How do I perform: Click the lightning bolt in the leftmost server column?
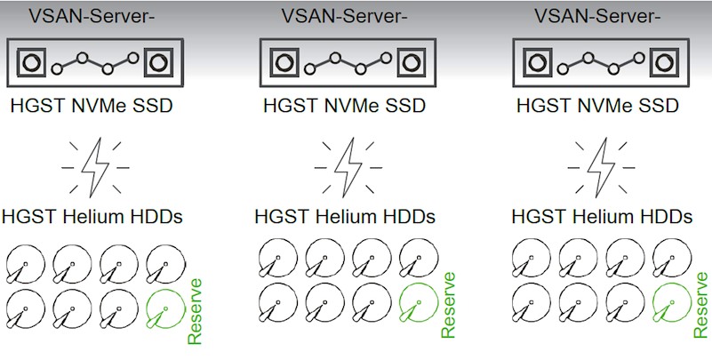94,165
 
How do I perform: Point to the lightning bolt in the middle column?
347,165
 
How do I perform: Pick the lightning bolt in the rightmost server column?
601,165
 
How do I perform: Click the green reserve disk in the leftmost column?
163,307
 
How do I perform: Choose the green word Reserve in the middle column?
448,305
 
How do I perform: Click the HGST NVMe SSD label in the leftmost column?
92,107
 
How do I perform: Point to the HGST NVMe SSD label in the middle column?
344,107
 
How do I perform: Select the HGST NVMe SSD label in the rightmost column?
597,107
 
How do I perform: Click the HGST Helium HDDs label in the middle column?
345,217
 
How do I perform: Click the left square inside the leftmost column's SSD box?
32,64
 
